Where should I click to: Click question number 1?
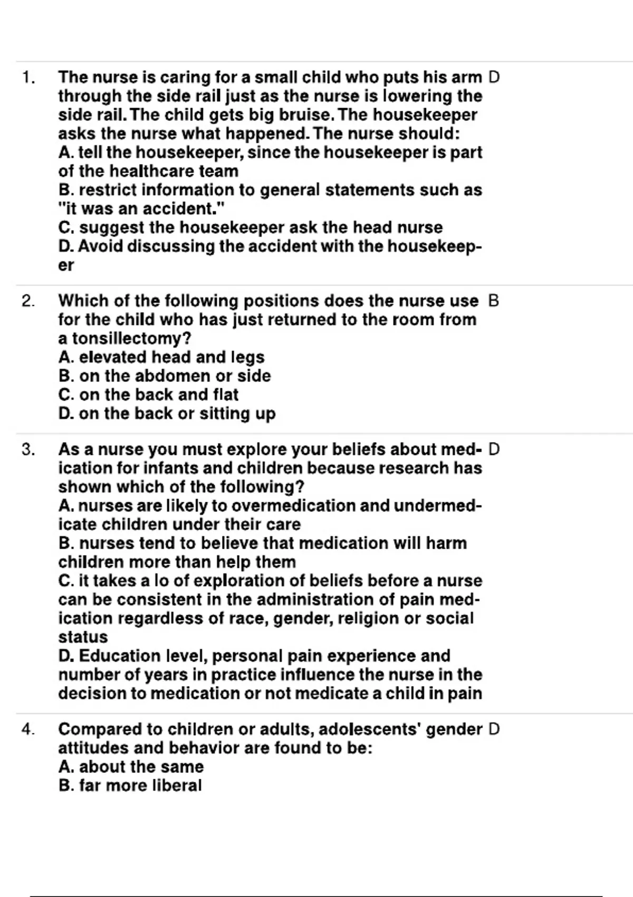(28, 78)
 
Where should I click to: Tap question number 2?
(28, 301)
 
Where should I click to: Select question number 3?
(28, 450)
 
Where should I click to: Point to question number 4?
(28, 730)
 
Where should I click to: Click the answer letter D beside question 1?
(494, 78)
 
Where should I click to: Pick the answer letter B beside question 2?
(494, 301)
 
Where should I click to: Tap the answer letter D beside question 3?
(494, 450)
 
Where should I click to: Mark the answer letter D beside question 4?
(494, 729)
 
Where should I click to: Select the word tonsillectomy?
(131, 339)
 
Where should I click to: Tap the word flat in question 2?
(226, 395)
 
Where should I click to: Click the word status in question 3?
(83, 637)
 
